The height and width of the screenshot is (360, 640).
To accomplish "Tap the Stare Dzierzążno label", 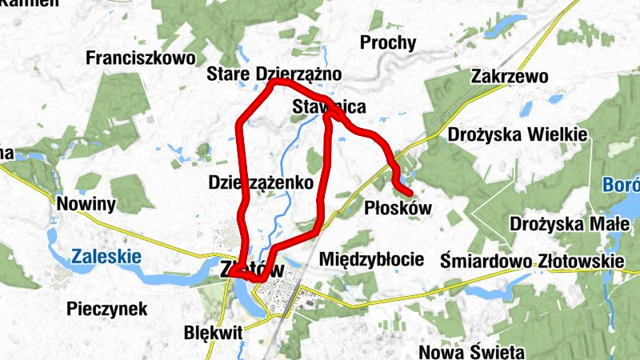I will click(274, 74).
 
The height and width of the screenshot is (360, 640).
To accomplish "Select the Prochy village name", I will click(388, 42).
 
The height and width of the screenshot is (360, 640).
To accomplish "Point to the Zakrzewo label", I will click(510, 77).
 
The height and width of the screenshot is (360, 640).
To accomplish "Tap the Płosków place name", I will click(398, 208).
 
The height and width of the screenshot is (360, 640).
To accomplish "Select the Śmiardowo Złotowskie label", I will click(532, 261).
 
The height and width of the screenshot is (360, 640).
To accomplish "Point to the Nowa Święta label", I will click(471, 351).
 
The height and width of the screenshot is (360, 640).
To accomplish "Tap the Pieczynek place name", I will click(107, 308).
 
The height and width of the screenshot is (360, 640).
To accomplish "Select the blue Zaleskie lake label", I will click(106, 257).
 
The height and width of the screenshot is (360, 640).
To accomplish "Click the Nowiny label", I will click(86, 204).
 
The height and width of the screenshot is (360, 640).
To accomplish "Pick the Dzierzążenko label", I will click(259, 182).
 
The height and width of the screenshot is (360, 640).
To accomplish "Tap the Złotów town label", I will click(252, 270).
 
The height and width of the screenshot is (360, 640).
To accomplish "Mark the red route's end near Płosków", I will click(410, 194).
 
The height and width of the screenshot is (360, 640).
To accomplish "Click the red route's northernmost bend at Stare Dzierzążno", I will click(274, 82).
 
